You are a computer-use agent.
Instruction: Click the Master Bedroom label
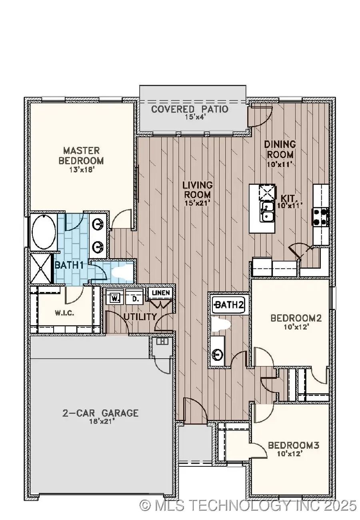pos(81,156)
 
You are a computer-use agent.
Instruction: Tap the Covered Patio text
pos(190,109)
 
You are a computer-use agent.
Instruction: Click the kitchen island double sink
pos(267,212)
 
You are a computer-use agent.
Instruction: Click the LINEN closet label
pos(161,293)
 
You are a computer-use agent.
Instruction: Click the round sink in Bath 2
pos(218,354)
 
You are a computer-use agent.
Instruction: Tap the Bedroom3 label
pos(293,445)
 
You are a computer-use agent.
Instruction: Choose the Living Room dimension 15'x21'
pos(197,203)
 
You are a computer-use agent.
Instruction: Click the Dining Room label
pos(280,149)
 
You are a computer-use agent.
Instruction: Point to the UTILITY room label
pos(140,317)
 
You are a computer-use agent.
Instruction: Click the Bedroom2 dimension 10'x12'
pos(290,327)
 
